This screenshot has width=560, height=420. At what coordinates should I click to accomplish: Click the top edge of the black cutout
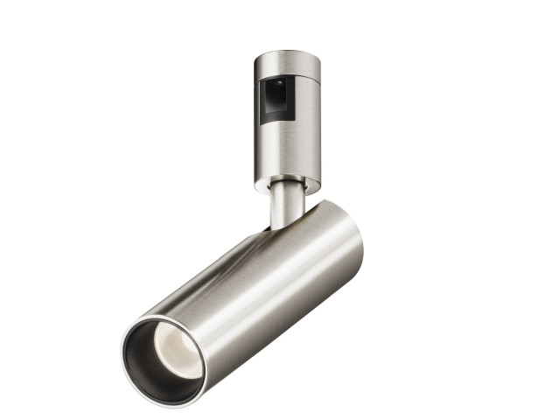click(278, 78)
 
